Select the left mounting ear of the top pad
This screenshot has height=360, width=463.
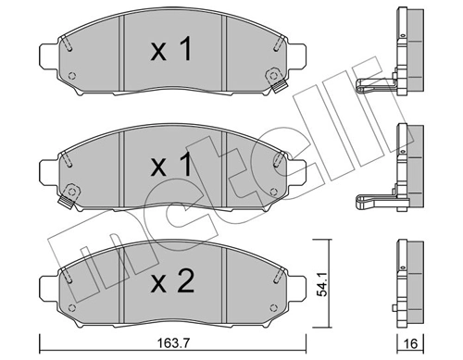pos(50,56)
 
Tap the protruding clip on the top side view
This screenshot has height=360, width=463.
pos(375,89)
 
